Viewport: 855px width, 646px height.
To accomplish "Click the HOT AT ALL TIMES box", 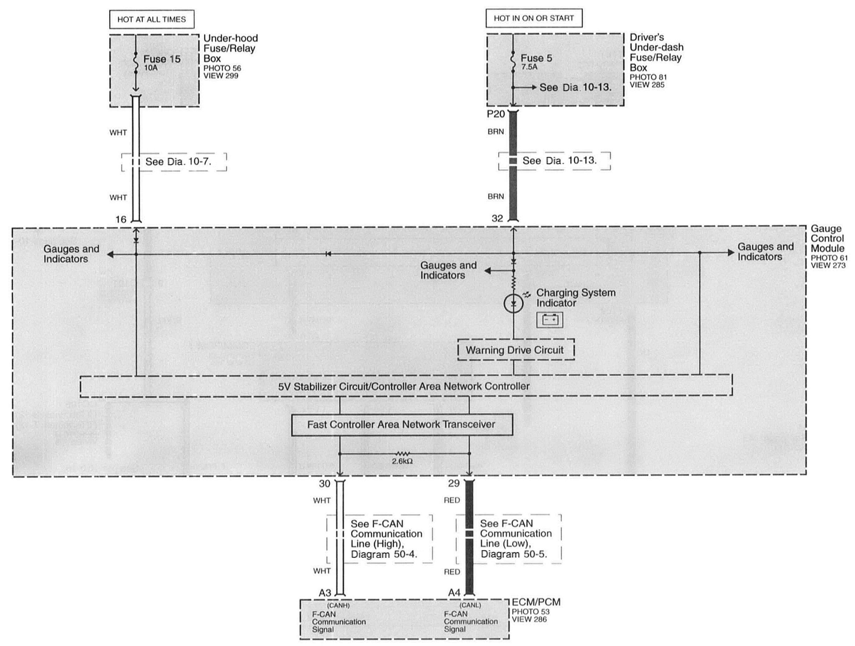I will [151, 19].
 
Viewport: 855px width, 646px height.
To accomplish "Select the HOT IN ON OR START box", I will [533, 18].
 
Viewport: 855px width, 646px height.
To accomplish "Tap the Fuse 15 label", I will [162, 59].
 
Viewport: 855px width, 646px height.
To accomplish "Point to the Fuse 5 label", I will [536, 58].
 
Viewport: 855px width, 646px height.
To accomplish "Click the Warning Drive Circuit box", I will [515, 350].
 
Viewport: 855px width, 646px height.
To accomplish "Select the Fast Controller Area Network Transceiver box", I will [401, 425].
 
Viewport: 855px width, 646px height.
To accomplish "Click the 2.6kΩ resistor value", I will [402, 461].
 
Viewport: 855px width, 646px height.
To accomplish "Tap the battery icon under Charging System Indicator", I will [550, 320].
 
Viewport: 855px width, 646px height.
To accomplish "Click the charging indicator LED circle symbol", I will [514, 304].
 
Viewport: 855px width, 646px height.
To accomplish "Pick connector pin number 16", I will [121, 220].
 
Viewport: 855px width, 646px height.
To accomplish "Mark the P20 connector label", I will [496, 114].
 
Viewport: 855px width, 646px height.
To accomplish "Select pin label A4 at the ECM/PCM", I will [454, 592].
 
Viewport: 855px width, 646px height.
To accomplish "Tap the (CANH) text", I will [338, 605].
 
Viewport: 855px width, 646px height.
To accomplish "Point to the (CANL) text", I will [470, 605].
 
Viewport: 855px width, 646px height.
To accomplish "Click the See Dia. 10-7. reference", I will [178, 162].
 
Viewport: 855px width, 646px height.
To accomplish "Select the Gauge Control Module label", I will [827, 239].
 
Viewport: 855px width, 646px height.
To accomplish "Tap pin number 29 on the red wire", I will [454, 483].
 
